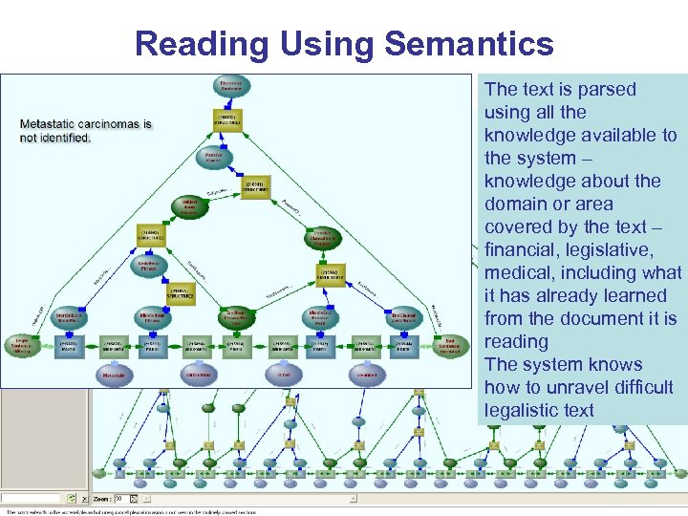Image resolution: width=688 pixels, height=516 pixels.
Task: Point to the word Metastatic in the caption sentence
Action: [57, 124]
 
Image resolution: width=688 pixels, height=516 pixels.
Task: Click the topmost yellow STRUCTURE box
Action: [227, 120]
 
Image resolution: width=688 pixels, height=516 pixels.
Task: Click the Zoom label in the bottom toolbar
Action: [101, 499]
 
